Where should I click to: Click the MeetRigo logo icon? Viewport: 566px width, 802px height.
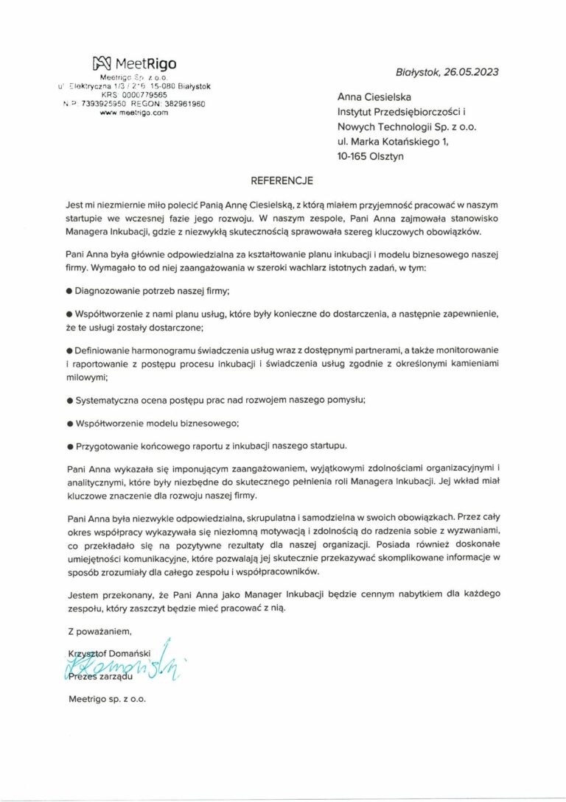[x=102, y=63]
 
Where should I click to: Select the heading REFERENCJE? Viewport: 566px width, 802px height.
[x=282, y=180]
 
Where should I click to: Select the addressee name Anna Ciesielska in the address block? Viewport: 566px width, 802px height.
[x=374, y=97]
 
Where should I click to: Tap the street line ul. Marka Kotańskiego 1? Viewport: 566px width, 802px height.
[x=392, y=141]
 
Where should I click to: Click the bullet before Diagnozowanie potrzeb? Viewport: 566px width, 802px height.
[x=69, y=291]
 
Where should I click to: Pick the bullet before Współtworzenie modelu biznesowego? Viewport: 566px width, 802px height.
[x=69, y=424]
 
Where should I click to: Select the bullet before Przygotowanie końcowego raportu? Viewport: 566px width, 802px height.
[x=69, y=446]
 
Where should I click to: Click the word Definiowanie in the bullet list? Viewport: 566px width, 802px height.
[x=106, y=351]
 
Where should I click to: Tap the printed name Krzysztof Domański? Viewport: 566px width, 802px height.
[x=105, y=654]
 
